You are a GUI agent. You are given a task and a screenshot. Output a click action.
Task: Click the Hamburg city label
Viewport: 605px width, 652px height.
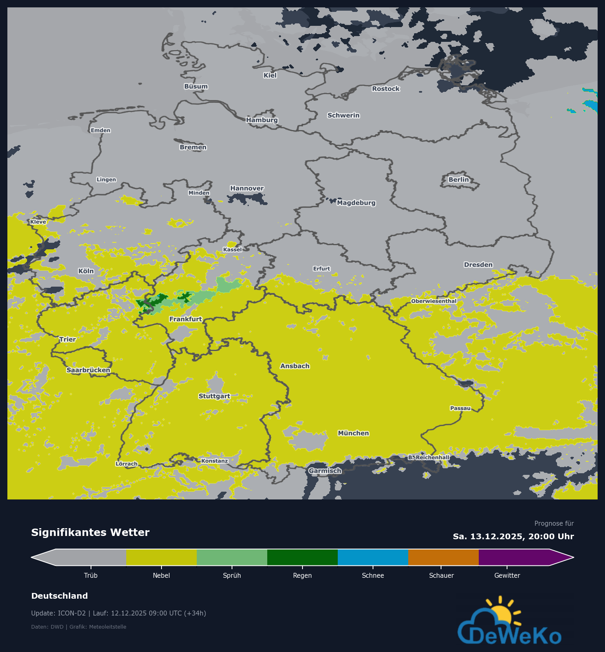(x=262, y=120)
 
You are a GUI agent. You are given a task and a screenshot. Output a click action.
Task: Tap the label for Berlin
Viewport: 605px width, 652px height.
(x=458, y=180)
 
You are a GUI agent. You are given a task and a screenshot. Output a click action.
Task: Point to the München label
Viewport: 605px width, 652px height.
(x=353, y=433)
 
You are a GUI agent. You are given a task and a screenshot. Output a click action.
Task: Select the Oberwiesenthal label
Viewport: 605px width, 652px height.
(x=434, y=301)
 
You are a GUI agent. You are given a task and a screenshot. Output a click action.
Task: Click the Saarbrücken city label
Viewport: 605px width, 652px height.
(x=88, y=370)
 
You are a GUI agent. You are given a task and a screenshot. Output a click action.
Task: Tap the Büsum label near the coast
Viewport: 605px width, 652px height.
(x=196, y=87)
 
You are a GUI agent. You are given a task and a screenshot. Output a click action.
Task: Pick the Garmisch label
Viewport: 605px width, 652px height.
(x=325, y=471)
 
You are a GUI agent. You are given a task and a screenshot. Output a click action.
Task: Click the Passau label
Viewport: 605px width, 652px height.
(x=460, y=408)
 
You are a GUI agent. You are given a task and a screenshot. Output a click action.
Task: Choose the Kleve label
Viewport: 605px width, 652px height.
(x=38, y=222)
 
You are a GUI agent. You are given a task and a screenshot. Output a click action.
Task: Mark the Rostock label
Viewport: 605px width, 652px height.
(x=386, y=89)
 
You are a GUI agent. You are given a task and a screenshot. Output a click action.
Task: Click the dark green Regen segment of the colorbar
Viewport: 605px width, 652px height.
(x=302, y=557)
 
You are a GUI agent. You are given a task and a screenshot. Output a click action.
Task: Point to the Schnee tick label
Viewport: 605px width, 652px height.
(x=373, y=575)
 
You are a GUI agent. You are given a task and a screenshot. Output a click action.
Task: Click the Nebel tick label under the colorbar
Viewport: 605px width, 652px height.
(x=161, y=575)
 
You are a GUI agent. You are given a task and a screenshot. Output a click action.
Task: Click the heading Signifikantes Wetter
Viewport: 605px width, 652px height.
(x=90, y=532)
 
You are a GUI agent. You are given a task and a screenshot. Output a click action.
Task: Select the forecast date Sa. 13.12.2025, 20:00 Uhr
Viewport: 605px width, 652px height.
(x=513, y=536)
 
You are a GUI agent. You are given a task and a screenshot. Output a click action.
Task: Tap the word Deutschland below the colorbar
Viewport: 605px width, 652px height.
(x=59, y=596)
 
